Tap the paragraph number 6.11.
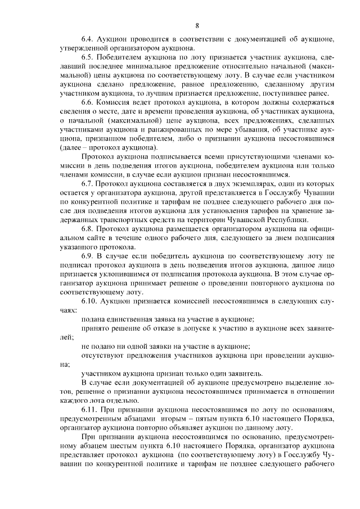(89, 409)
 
